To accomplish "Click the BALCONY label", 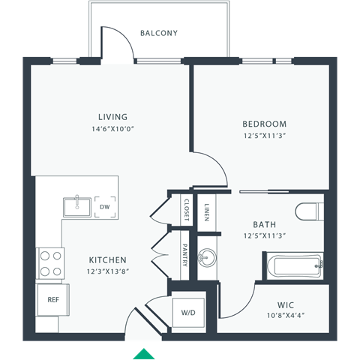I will (x=159, y=33).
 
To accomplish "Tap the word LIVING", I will (x=112, y=117).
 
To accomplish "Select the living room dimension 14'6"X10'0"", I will (x=112, y=128).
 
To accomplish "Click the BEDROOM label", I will (x=264, y=124).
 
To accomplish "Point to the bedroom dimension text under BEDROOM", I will (x=264, y=136).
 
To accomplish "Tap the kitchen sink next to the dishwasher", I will (x=76, y=205).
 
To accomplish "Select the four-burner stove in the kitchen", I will (x=51, y=263).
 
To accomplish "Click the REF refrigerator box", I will (x=52, y=299).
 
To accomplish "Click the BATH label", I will (x=265, y=223).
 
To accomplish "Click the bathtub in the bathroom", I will (x=292, y=265).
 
